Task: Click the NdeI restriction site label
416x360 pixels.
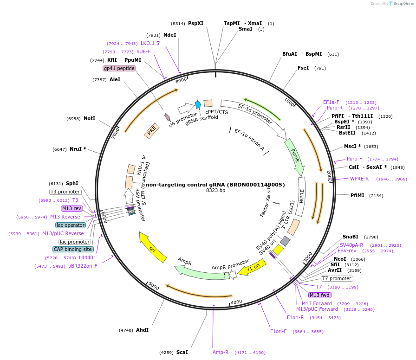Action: pyautogui.click(x=170, y=35)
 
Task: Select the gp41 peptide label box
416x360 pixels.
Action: pyautogui.click(x=119, y=68)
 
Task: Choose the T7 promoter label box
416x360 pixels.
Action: pyautogui.click(x=337, y=278)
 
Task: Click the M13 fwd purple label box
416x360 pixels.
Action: pyautogui.click(x=319, y=295)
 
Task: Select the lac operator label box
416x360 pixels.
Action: pyautogui.click(x=71, y=225)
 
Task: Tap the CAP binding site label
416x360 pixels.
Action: pyautogui.click(x=73, y=249)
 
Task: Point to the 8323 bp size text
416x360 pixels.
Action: pyautogui.click(x=215, y=191)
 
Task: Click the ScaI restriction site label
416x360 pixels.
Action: pyautogui.click(x=182, y=352)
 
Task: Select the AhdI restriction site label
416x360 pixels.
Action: pyautogui.click(x=142, y=330)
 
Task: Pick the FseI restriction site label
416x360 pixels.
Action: pyautogui.click(x=303, y=68)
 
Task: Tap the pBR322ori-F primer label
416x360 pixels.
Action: pyautogui.click(x=83, y=266)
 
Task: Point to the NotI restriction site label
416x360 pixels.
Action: pyautogui.click(x=89, y=118)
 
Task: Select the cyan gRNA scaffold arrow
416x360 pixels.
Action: pyautogui.click(x=198, y=104)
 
